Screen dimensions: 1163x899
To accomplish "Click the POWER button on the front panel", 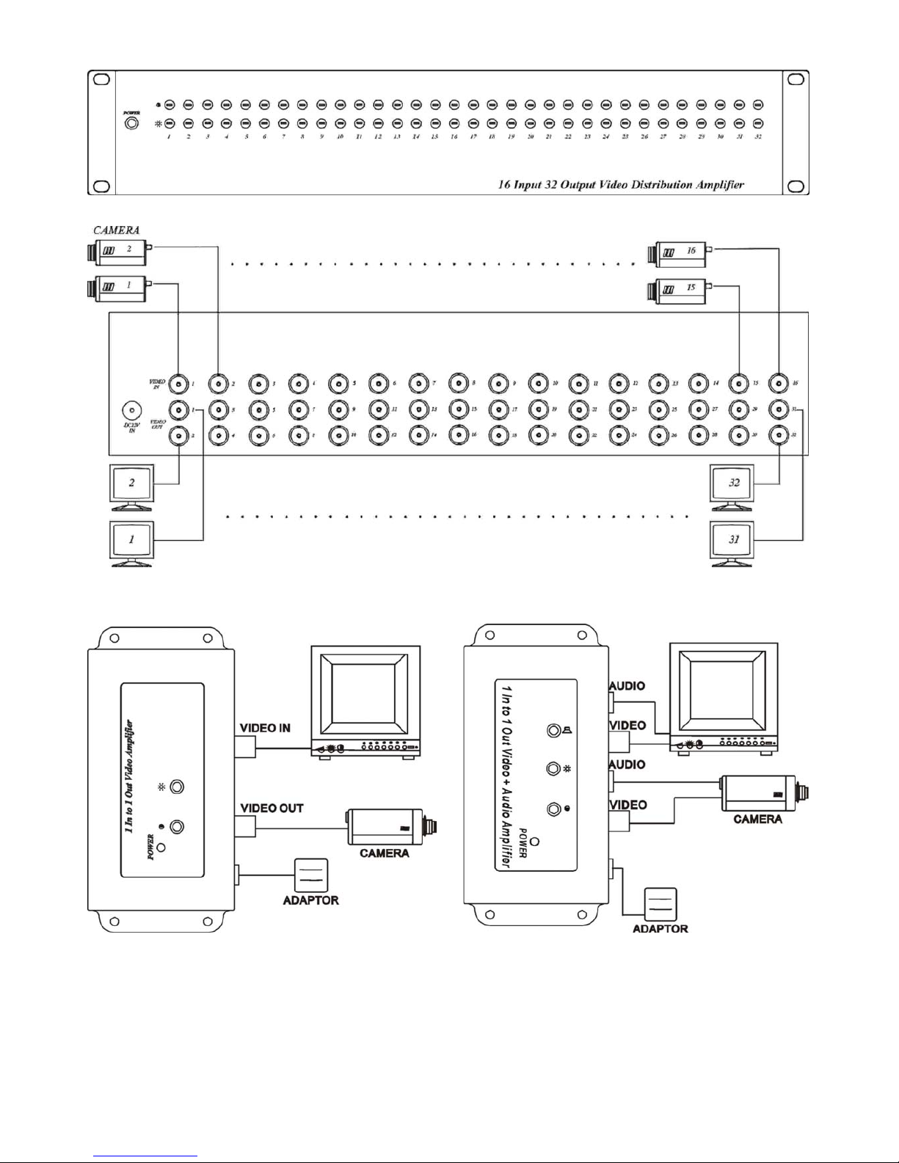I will (131, 123).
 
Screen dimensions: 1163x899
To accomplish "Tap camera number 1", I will (117, 287).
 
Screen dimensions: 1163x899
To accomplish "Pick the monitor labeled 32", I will (732, 484).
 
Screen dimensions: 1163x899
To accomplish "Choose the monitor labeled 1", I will (132, 541).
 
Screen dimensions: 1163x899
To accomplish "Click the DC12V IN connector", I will (132, 410).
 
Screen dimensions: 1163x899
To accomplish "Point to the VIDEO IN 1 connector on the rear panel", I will (178, 383).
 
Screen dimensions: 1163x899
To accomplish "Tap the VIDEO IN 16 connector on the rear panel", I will (779, 383).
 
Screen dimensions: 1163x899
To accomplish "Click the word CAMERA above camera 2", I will (116, 230).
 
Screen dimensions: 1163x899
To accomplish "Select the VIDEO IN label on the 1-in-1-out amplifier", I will (265, 728).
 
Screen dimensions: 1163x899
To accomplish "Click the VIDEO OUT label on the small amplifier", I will (272, 808).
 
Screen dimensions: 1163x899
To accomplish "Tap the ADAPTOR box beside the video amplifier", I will (310, 875).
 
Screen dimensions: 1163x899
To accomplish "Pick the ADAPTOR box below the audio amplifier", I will (660, 905).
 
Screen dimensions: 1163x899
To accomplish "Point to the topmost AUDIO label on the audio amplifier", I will (627, 686).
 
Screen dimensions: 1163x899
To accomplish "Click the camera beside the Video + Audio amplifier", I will (763, 794).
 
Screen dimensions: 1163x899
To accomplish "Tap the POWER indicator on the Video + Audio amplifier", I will (535, 841).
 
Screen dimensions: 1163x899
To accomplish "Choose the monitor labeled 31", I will (732, 541).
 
